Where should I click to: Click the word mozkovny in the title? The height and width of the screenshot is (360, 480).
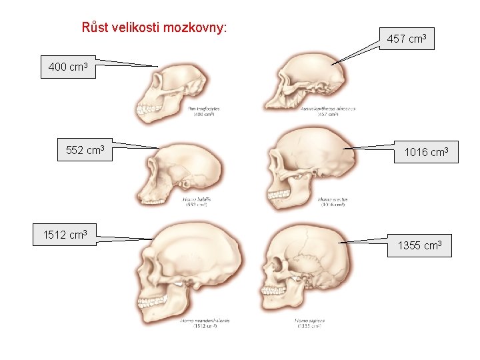click(x=198, y=27)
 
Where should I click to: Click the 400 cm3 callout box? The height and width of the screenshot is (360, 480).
click(x=68, y=67)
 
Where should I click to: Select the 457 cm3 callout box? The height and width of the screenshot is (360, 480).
click(x=407, y=39)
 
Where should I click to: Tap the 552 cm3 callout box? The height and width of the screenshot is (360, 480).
click(x=85, y=150)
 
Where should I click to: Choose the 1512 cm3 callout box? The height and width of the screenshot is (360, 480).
click(x=65, y=235)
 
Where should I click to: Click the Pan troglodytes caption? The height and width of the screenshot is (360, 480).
click(x=204, y=111)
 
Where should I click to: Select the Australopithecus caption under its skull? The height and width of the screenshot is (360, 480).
click(x=328, y=111)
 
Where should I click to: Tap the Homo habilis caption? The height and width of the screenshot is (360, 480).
click(x=198, y=201)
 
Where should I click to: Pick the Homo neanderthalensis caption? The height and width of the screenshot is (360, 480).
click(x=205, y=323)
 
